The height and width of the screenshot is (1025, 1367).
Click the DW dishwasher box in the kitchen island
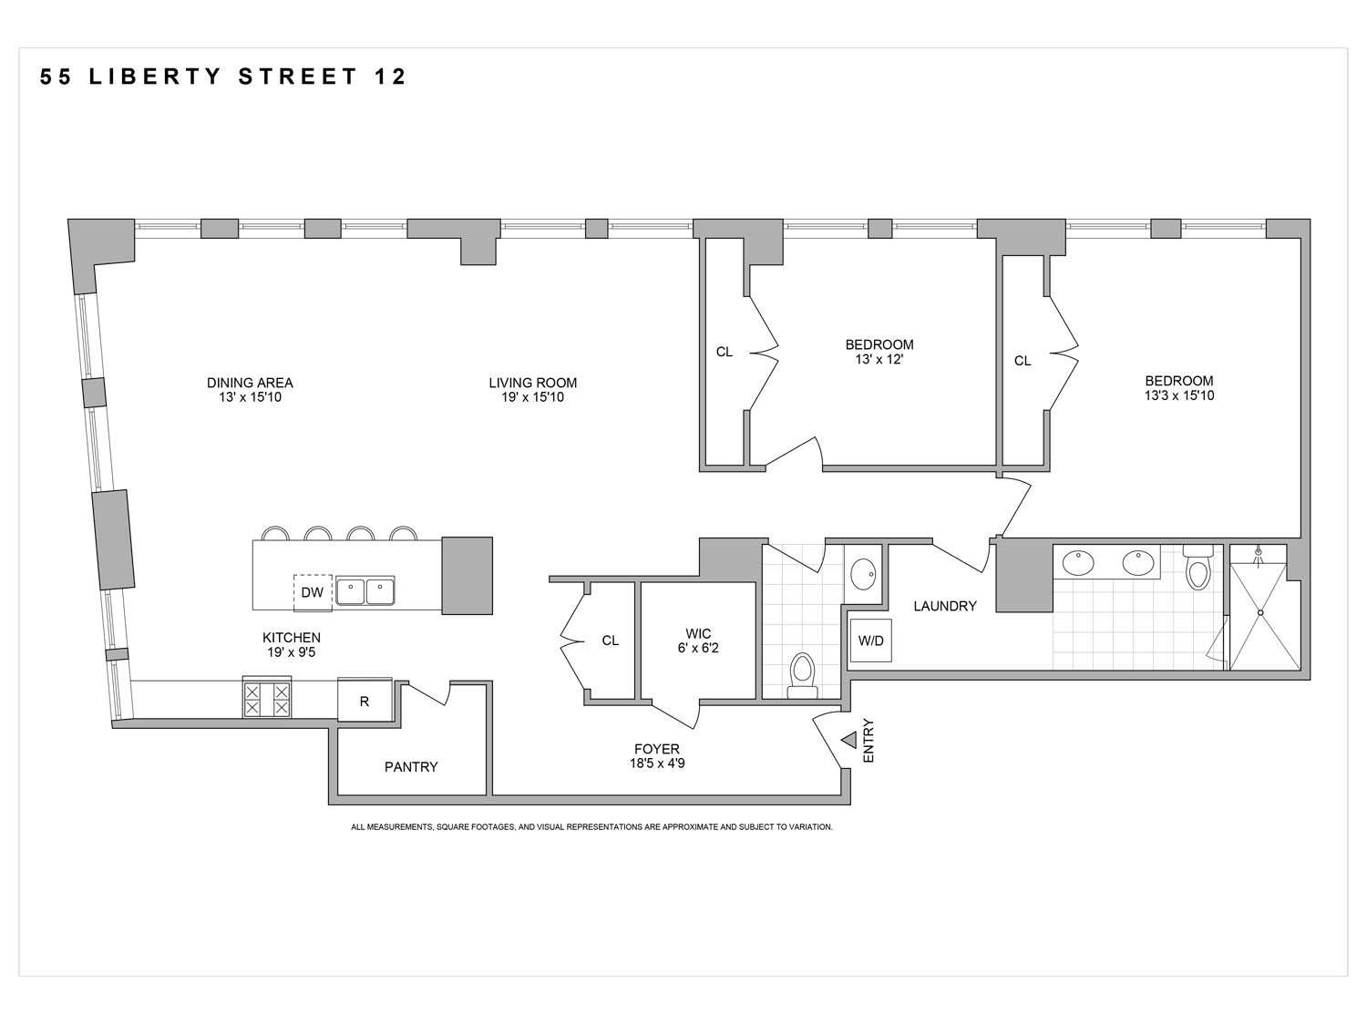point(313,592)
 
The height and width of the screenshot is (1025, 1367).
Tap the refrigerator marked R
point(365,701)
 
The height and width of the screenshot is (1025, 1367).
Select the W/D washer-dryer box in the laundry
point(870,641)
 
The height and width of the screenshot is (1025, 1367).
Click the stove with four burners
point(267,698)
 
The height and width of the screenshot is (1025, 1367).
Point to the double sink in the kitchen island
point(365,591)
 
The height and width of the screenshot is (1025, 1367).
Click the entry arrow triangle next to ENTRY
point(849,740)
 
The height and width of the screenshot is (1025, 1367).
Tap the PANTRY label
point(411,767)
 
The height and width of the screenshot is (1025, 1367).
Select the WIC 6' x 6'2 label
point(698,641)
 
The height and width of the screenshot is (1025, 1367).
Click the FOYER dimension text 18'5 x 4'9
point(657,764)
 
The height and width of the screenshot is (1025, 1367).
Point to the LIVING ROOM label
point(533,383)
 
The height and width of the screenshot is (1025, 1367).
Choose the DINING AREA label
point(250,383)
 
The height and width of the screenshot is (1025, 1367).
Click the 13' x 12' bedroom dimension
point(879,359)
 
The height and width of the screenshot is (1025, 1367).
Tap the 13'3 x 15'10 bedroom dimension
point(1179,395)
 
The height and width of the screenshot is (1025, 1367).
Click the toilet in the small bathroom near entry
point(803,673)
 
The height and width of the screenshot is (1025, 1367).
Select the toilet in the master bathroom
point(1197,570)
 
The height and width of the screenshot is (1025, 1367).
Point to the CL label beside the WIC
point(611,641)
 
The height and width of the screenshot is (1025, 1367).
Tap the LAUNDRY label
point(945,606)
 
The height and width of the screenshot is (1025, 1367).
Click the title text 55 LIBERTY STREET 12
point(223,77)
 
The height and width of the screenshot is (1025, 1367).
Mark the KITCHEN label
point(292,638)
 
